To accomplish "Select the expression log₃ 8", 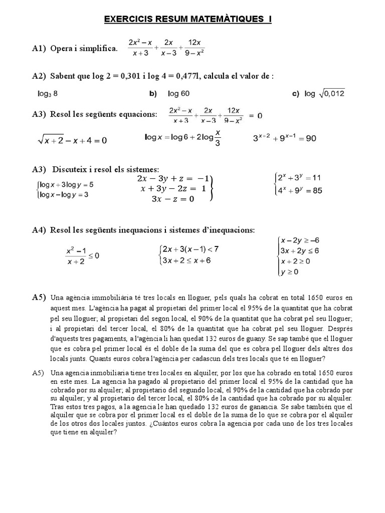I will point(51,93).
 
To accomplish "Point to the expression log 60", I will point(178,93).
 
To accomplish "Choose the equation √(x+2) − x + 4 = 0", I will point(72,141).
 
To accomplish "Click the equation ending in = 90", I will point(284,139).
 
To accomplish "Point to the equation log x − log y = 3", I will point(63,194).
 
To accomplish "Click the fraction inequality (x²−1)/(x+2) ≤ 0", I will point(82,256).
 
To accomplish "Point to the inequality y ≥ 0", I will point(290,272).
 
